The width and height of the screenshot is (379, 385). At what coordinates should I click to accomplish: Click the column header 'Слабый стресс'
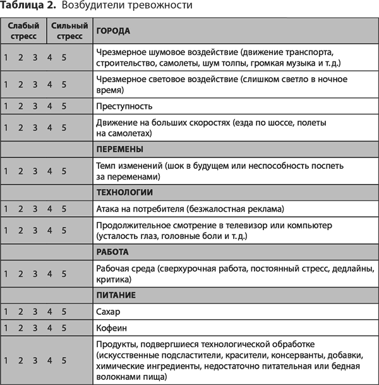point(23,31)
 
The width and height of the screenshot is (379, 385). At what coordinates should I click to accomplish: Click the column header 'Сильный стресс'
point(69,31)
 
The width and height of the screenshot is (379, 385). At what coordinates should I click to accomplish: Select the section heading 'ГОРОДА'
point(113,30)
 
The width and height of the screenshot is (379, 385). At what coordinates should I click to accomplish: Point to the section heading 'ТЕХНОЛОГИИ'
point(125,192)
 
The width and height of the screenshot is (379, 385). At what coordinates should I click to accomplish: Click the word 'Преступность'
point(124,106)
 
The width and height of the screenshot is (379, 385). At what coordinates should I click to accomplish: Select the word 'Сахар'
point(107,312)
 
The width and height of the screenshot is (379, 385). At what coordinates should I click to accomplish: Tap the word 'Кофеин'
point(111,328)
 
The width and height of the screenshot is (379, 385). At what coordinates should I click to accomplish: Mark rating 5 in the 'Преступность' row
point(64,106)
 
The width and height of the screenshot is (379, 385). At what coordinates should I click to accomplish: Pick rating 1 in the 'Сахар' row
point(6,312)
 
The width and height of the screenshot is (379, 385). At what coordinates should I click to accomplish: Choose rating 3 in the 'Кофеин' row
point(35,328)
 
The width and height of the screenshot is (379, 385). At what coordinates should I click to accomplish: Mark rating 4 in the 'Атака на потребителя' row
point(49,209)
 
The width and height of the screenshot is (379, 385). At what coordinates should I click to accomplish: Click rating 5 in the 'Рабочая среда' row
point(64,273)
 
